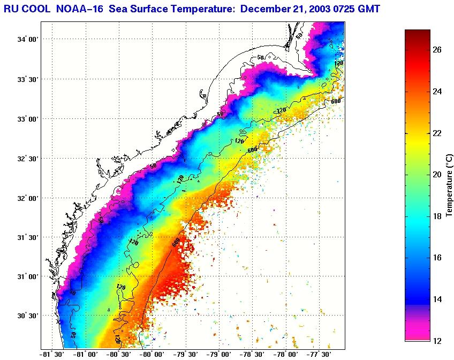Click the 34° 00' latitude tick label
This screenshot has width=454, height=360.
click(x=26, y=40)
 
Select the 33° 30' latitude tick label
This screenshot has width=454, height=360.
click(x=26, y=79)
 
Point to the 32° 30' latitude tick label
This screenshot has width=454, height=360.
click(x=26, y=159)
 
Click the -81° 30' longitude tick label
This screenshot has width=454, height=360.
click(x=52, y=354)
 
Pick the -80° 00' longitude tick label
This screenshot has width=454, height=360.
click(x=152, y=354)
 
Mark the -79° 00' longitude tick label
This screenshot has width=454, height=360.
click(x=218, y=354)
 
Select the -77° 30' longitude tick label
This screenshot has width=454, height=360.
click(x=318, y=354)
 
